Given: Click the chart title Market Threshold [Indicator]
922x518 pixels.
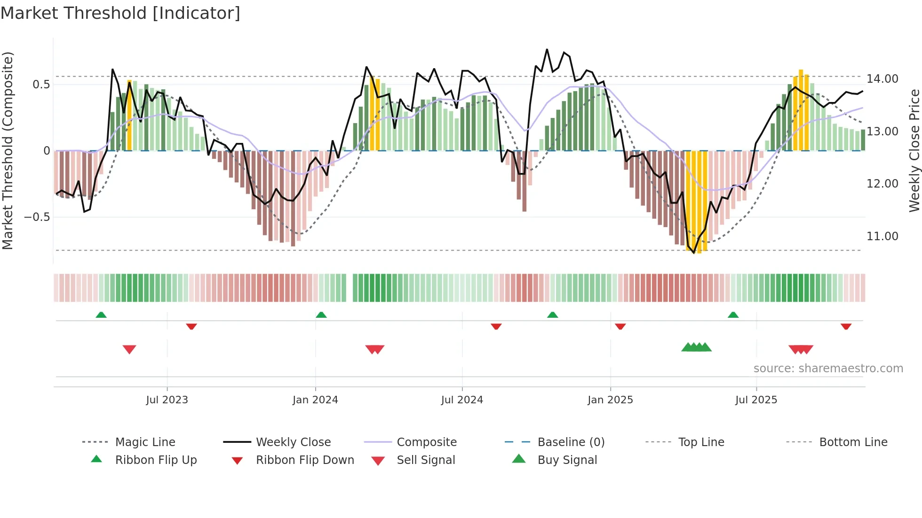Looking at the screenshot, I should (120, 13).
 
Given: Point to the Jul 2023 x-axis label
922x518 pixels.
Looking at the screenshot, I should (167, 400).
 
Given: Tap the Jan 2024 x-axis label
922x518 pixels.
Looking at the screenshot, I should (315, 400).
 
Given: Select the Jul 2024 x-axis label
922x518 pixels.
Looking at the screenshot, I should (461, 400).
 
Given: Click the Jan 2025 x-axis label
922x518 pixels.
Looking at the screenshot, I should (610, 400).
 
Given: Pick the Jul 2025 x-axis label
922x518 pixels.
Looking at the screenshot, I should (756, 400).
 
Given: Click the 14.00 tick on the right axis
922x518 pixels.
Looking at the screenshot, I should (882, 79).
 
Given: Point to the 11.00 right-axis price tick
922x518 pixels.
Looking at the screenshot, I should (882, 236).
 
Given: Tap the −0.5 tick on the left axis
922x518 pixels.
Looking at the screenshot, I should (37, 217).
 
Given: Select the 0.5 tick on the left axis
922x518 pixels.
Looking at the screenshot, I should (41, 85).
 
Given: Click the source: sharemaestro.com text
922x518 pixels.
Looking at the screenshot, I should (828, 369).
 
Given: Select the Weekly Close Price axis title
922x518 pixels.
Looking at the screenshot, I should (914, 150).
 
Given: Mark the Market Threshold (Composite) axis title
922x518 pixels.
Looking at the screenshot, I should (8, 150).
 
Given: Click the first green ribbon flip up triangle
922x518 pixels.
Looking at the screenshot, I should (101, 315).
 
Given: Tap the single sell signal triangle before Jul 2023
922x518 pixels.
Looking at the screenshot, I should (129, 349).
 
